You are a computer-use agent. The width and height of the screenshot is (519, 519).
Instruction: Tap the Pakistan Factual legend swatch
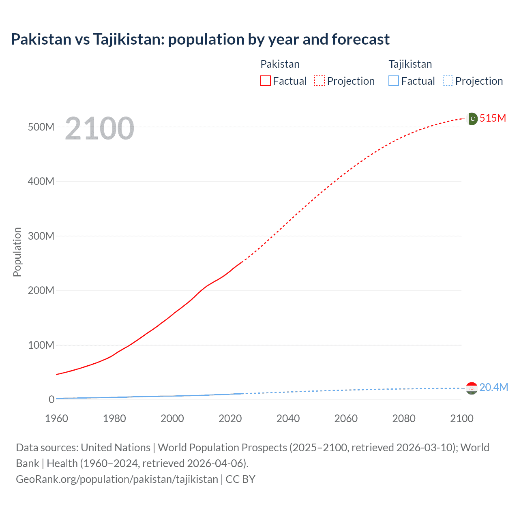point(265,81)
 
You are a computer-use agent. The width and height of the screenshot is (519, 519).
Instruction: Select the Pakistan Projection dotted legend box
point(320,81)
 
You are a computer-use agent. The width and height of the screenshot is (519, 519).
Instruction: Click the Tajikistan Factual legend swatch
point(394,81)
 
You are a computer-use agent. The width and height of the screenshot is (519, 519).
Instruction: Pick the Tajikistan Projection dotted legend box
point(448,81)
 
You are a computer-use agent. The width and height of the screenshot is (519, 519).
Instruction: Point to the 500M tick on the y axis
point(41,127)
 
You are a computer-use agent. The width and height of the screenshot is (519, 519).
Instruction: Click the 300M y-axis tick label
point(41,236)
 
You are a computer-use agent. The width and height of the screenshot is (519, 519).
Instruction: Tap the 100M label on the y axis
point(41,345)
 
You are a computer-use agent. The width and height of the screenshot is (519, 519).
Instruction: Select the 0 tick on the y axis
point(51,399)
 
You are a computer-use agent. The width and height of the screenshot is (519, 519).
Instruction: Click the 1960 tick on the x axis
point(56,418)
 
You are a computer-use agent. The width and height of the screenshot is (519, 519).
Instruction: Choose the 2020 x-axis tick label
point(230,418)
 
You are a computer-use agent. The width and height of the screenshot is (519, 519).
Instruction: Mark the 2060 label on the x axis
point(346,418)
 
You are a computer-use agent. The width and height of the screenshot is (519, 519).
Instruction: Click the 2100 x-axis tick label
point(461,418)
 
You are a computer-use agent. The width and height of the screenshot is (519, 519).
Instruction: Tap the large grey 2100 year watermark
point(99,128)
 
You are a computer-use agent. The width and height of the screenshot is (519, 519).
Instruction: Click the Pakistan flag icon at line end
point(472,118)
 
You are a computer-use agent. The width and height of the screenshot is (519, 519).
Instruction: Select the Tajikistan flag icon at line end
point(472,388)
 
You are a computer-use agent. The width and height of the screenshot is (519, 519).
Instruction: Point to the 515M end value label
point(493,118)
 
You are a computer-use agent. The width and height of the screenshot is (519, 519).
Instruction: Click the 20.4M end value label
point(493,387)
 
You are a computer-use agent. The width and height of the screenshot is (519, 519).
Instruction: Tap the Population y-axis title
point(17,252)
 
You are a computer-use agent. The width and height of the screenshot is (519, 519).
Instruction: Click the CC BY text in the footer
point(240,479)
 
